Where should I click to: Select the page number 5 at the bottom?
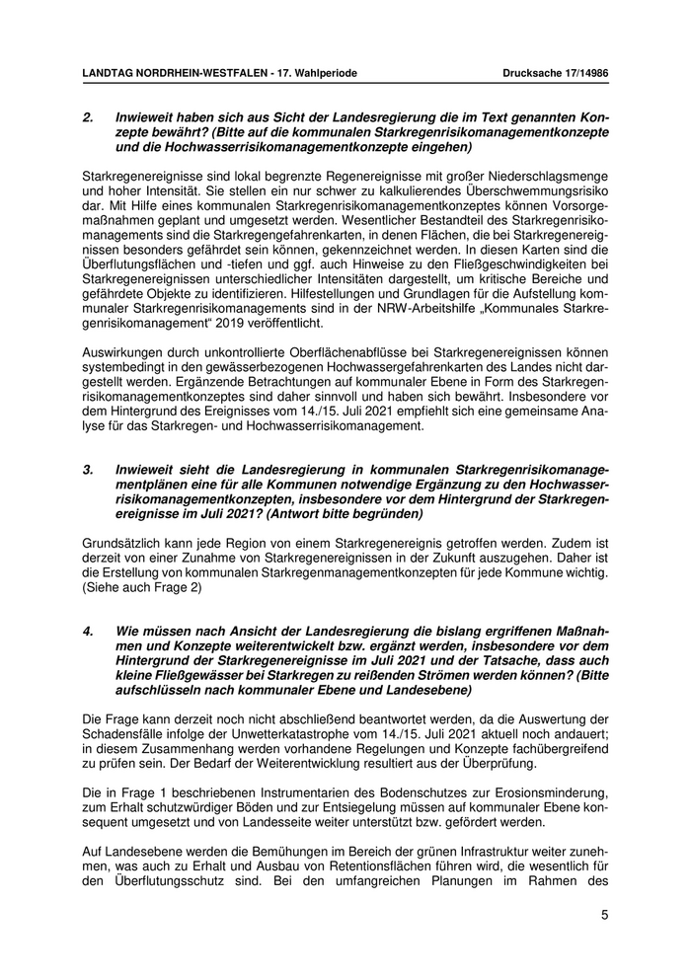coord(604,915)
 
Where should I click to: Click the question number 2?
coord(88,116)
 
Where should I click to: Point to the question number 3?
coord(88,471)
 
